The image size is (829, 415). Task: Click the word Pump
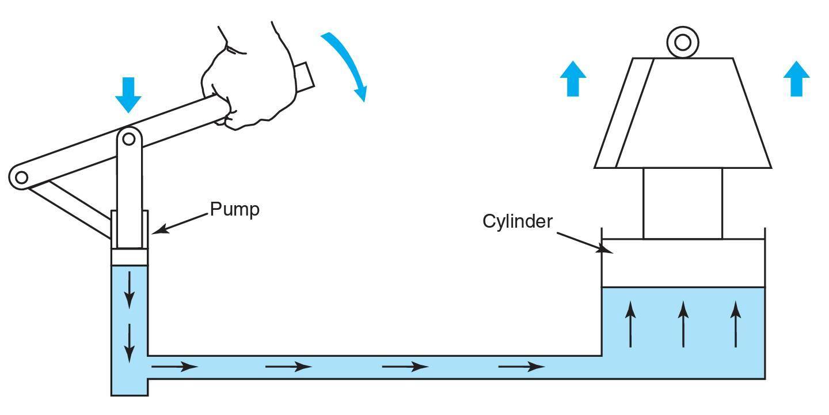point(235,209)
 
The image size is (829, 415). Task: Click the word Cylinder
point(518,221)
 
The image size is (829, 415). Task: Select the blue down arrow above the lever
point(128,95)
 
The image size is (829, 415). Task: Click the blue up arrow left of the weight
point(573,78)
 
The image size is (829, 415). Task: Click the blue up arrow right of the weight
point(796,78)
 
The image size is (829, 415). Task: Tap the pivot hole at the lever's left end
point(21,178)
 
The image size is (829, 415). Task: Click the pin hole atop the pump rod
point(129,139)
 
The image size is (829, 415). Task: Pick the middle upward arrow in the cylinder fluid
point(683,324)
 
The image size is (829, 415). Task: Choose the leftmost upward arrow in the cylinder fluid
point(630,324)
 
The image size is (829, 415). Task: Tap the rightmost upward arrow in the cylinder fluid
point(736,324)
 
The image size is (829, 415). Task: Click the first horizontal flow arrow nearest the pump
point(174,367)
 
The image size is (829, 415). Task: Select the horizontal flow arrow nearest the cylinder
point(522,367)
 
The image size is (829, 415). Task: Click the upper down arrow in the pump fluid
point(129,290)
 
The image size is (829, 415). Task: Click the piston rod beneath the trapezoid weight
point(683,203)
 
